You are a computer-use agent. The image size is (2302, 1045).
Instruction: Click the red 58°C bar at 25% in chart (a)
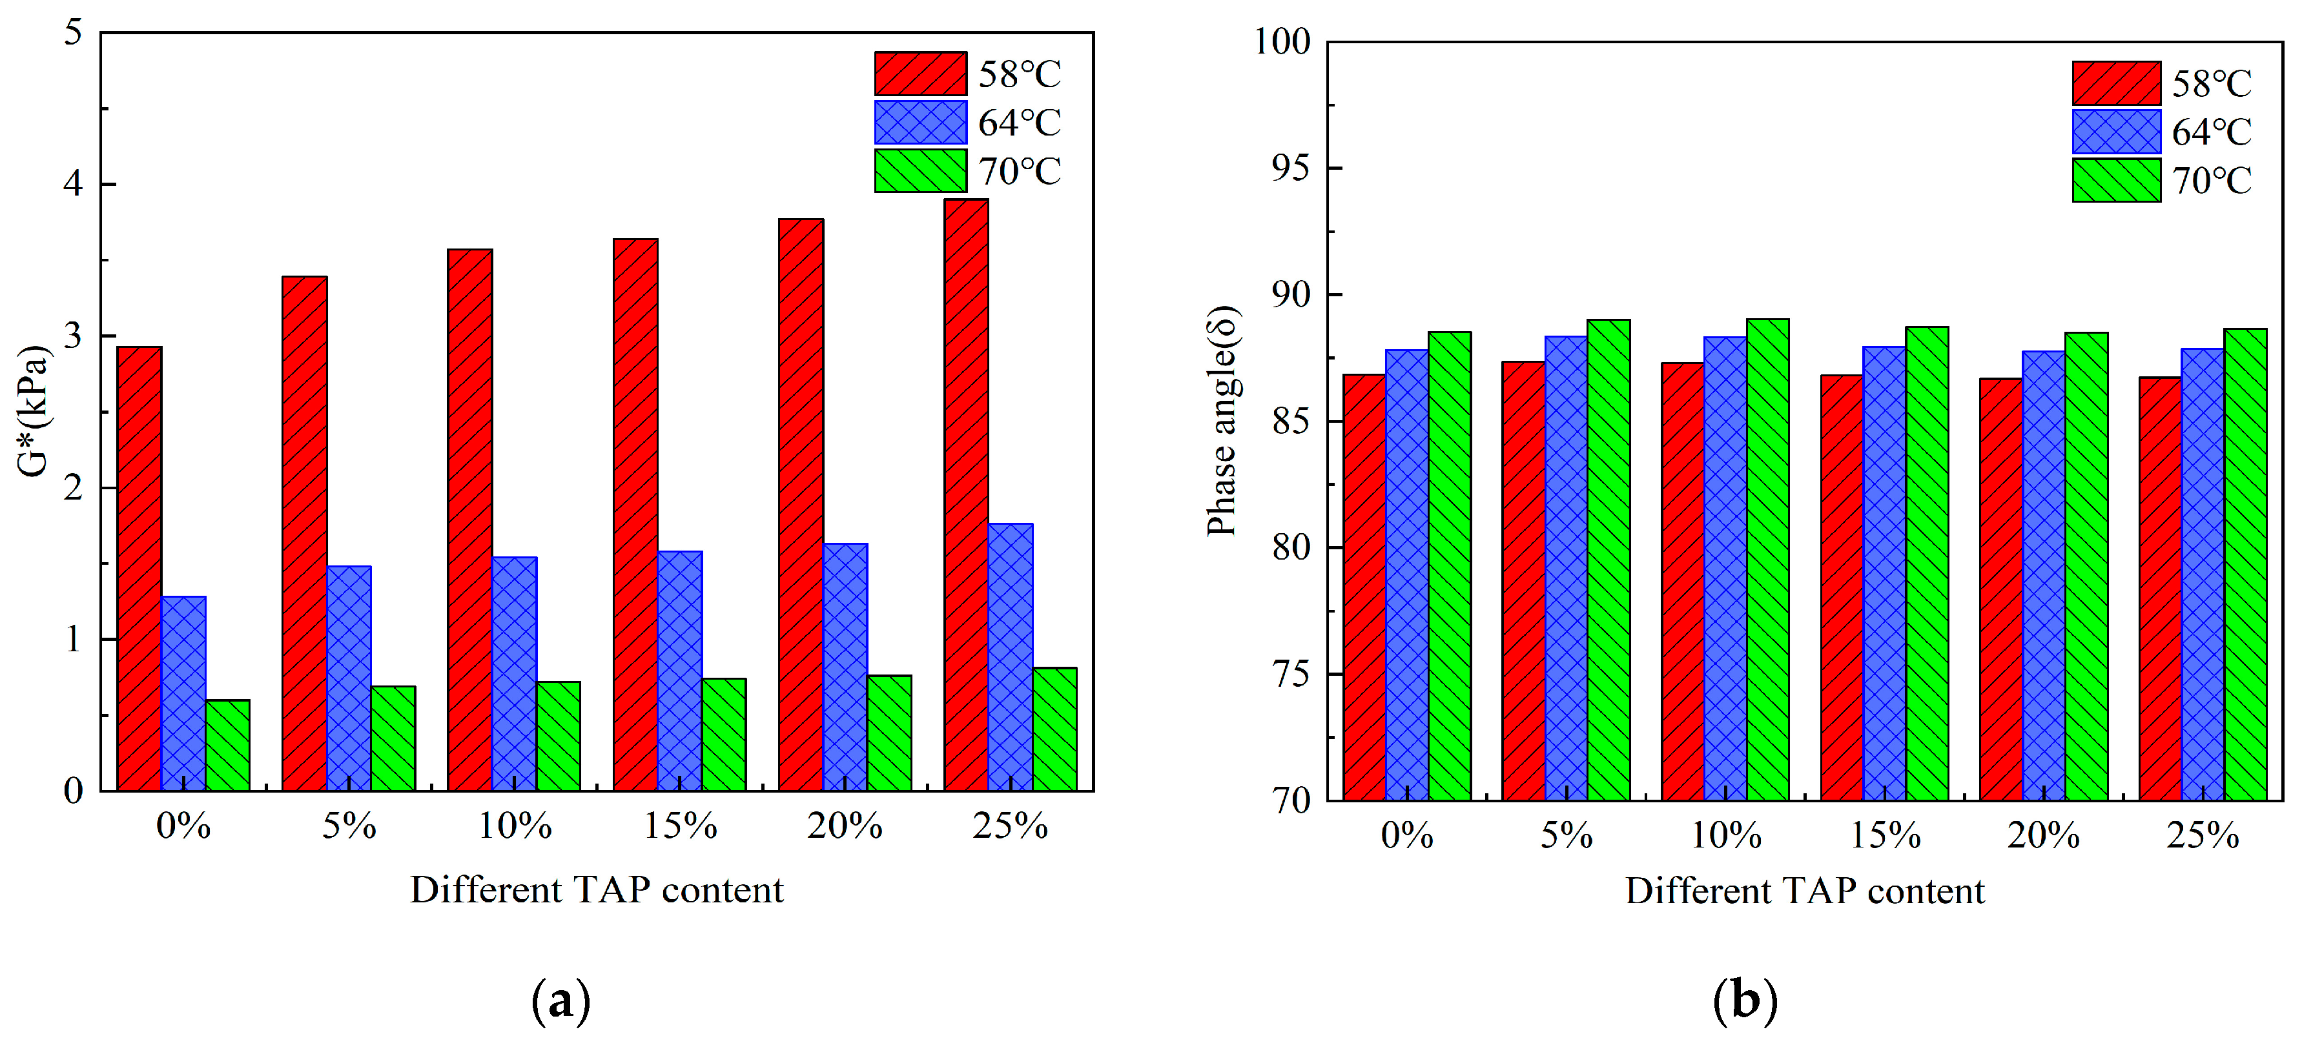pyautogui.click(x=966, y=495)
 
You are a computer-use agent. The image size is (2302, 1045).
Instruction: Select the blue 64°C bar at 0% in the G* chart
pyautogui.click(x=183, y=693)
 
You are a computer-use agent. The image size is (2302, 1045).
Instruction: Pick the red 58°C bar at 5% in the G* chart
pyautogui.click(x=304, y=533)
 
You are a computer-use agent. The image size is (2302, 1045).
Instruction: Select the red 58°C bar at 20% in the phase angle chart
pyautogui.click(x=2001, y=589)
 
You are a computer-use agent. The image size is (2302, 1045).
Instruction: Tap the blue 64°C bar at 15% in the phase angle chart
pyautogui.click(x=1885, y=573)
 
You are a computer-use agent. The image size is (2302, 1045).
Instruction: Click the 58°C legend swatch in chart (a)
pyautogui.click(x=920, y=73)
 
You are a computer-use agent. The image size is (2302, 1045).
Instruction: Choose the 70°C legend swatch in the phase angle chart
pyautogui.click(x=2116, y=181)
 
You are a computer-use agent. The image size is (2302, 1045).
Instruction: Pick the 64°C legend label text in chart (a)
pyautogui.click(x=1019, y=123)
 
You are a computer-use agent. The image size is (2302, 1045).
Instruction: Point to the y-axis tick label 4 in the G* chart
pyautogui.click(x=73, y=184)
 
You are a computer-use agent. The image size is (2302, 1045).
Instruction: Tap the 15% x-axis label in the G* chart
pyautogui.click(x=680, y=826)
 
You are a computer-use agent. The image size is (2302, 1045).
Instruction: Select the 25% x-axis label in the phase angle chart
pyautogui.click(x=2203, y=836)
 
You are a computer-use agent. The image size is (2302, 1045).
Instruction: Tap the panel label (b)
pyautogui.click(x=1744, y=1000)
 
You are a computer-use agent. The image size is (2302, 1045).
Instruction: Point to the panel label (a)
pyautogui.click(x=560, y=1000)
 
